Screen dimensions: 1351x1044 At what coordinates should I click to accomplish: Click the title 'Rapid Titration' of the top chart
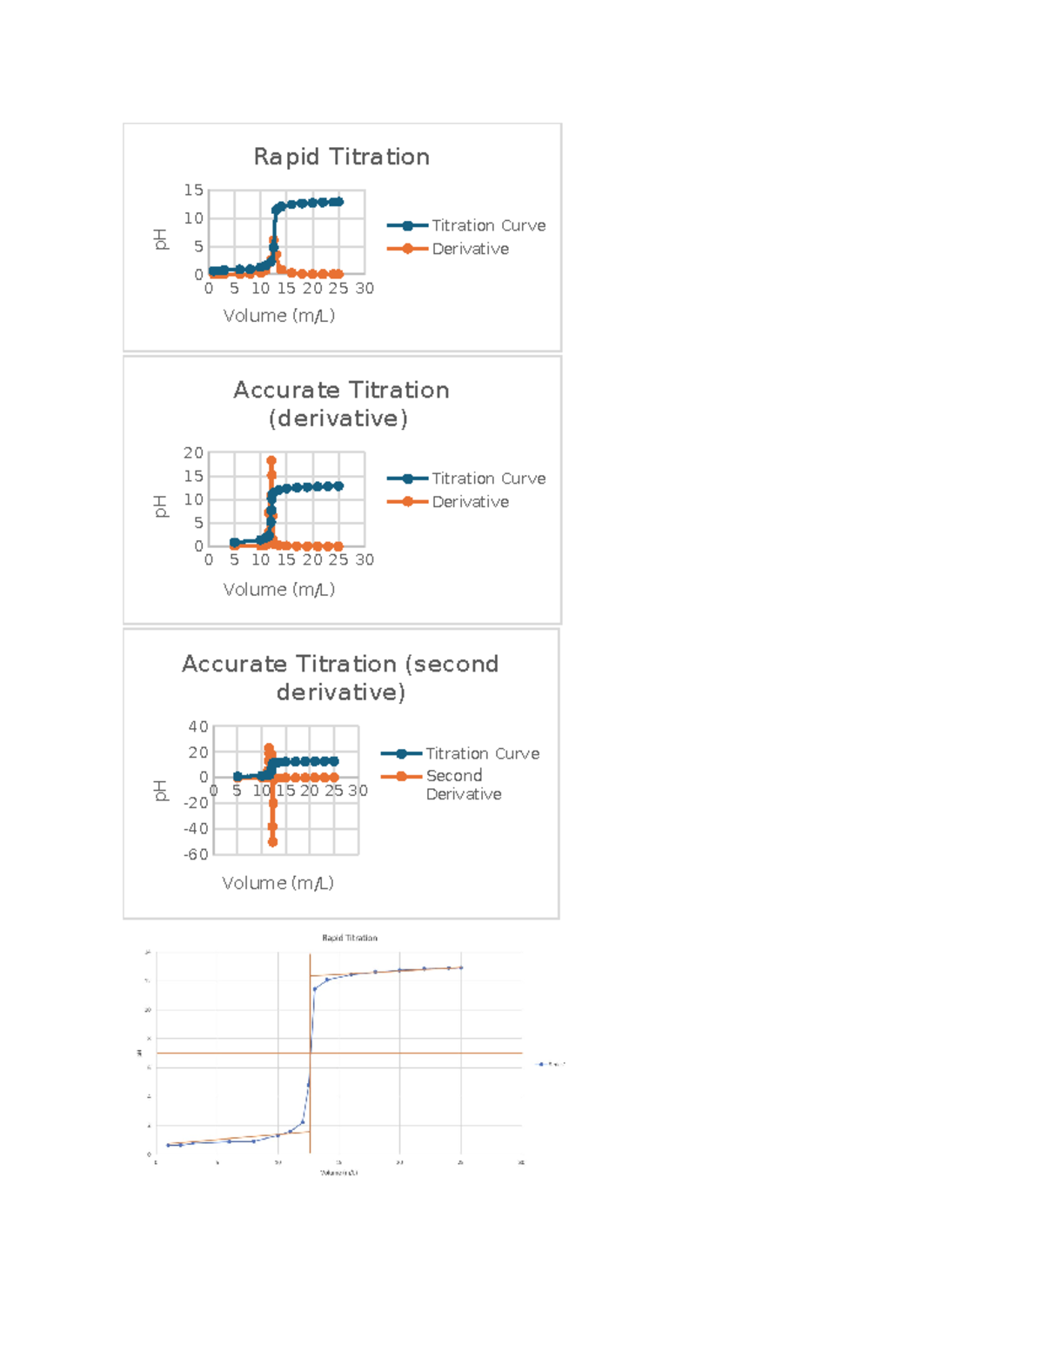click(x=341, y=157)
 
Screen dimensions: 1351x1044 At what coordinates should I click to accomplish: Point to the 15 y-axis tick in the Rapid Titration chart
click(x=193, y=190)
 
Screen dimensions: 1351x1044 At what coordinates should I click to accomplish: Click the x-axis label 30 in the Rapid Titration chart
click(x=365, y=288)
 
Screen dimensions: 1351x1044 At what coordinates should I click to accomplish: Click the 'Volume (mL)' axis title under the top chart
click(x=278, y=316)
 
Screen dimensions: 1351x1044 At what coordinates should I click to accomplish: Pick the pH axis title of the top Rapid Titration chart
click(x=160, y=239)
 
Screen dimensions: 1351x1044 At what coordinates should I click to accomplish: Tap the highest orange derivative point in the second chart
click(x=271, y=461)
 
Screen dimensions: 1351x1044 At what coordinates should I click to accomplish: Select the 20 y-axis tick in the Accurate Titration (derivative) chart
click(x=193, y=452)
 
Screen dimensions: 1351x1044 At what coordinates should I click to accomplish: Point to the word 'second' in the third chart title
click(x=452, y=664)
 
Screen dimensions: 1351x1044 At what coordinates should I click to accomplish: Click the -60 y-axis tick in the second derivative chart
click(x=196, y=854)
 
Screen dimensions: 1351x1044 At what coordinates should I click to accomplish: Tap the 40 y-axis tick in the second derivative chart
click(x=198, y=726)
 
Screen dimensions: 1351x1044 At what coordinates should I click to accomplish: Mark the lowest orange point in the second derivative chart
click(x=272, y=842)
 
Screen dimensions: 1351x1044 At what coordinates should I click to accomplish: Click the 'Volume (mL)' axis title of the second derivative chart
click(x=278, y=883)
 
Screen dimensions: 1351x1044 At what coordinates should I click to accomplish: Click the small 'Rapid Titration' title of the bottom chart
click(x=350, y=938)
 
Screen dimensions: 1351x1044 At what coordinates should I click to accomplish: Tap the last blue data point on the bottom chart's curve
click(x=461, y=967)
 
